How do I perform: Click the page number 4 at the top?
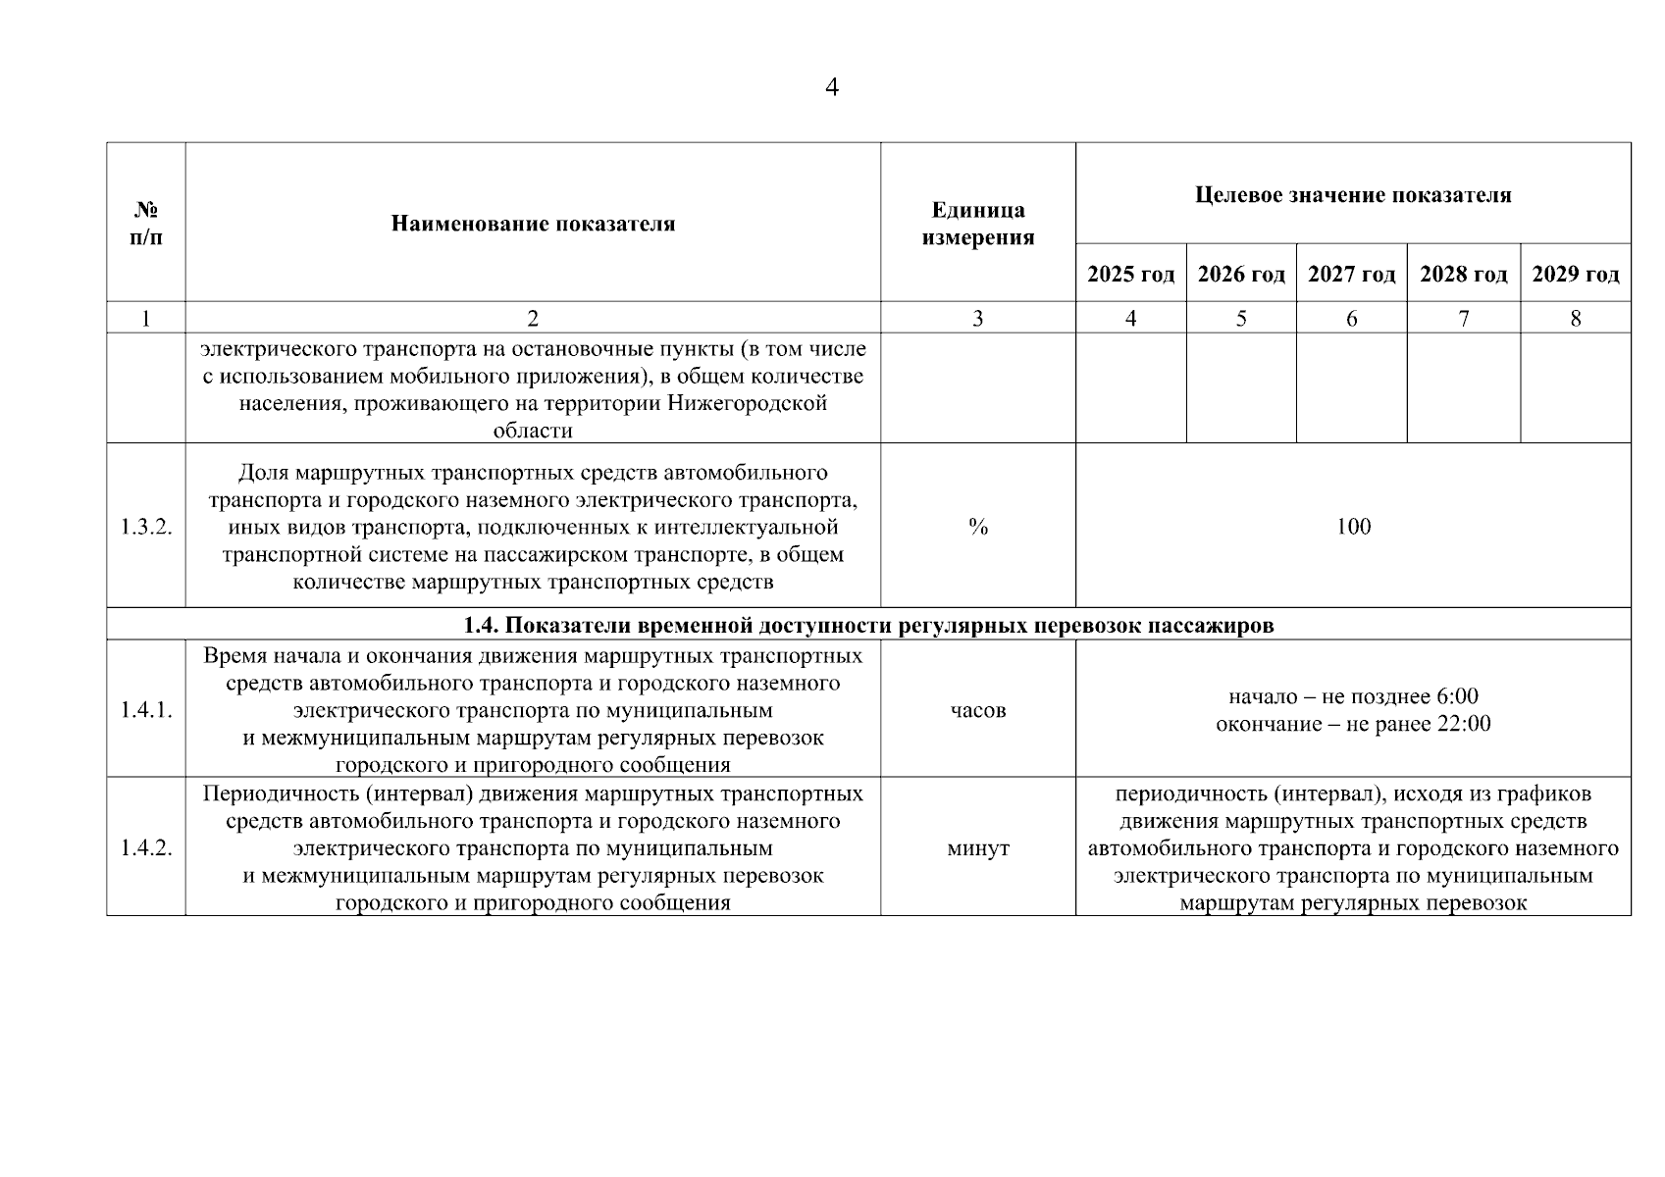832,88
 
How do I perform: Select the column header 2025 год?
1130,275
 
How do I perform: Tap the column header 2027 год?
1351,275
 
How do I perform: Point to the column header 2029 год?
1575,275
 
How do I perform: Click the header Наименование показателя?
533,224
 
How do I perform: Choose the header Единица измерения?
977,224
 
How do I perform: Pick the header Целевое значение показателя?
1353,194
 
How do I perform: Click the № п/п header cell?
146,224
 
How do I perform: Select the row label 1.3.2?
146,528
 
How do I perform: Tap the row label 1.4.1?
146,710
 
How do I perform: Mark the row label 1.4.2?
146,848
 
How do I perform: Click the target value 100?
1353,528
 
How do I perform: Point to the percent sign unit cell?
977,528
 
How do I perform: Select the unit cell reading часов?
977,710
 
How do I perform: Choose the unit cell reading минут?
977,848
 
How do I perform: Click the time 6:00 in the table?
1457,697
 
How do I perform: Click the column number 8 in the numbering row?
1575,319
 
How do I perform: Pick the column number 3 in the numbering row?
977,319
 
